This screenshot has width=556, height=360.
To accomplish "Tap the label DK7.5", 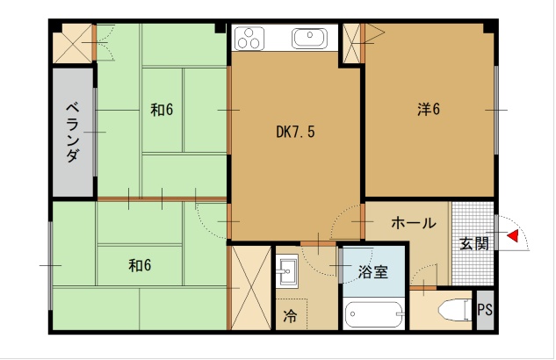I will pos(295,133).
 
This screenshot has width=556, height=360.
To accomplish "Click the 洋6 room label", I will pos(428,110).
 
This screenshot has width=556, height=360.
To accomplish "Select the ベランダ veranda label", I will pos(73,133).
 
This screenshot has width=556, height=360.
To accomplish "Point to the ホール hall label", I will pos(412,223).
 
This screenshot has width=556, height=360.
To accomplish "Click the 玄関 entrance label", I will pos(473,243).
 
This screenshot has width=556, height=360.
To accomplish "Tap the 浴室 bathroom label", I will pos(372,272).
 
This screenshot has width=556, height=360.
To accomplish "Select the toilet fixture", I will pos(450,310).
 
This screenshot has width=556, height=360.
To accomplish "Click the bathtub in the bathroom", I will pos(374,313).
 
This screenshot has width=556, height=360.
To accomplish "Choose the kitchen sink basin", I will pos(309,38).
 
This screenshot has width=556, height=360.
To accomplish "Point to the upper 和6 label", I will pos(162,110).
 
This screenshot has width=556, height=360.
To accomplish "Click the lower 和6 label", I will pos(140,264).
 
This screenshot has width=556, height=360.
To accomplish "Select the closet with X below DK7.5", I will pos(249,288).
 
